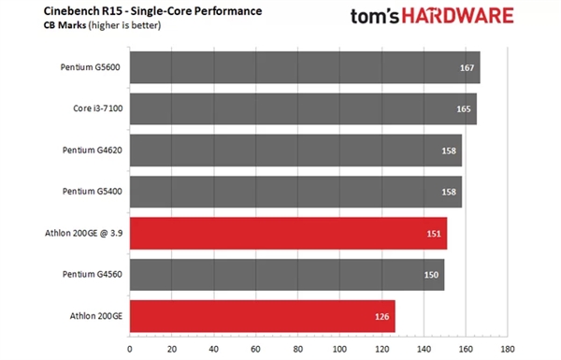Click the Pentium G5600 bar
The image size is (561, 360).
coord(304,67)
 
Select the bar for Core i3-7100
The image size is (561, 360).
coord(302,108)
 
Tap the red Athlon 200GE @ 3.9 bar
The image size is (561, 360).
coord(287,233)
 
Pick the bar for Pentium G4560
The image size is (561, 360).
coord(286,274)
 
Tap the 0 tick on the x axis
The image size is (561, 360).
coord(129,350)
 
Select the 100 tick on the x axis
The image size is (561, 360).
coord(340,350)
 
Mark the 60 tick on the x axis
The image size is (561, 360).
coord(256,350)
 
